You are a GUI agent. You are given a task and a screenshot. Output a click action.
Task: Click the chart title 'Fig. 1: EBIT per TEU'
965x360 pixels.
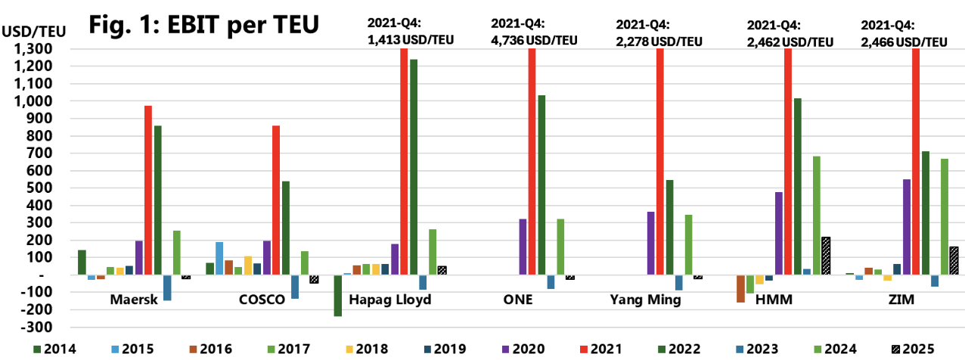coord(203,24)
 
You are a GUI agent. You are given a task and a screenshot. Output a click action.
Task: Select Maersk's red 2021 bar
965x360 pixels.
coord(148,190)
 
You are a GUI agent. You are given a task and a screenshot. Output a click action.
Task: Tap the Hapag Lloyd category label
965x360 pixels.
coord(390,299)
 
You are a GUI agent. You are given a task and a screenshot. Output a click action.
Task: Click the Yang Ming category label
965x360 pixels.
coord(645,299)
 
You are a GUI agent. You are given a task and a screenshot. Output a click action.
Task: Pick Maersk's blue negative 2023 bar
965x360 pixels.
coord(167,287)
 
